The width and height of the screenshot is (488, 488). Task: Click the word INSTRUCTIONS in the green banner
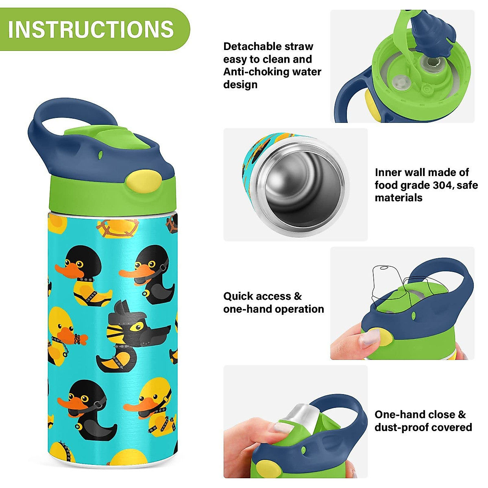point(91,29)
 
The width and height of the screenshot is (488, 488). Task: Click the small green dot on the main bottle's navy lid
point(100,155)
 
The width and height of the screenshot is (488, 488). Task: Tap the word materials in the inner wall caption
point(399,198)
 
